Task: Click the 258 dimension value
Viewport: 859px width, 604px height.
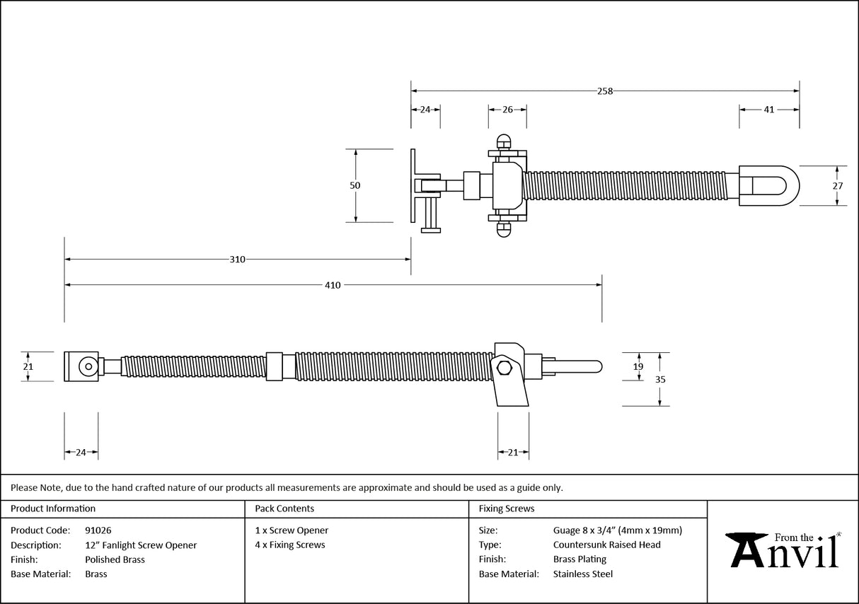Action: coord(604,91)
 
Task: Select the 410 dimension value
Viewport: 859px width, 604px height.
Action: coord(333,285)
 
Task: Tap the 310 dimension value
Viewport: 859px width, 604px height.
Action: coord(237,260)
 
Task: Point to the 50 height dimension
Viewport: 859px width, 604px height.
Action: coord(355,185)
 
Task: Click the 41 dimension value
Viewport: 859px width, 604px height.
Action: coord(769,110)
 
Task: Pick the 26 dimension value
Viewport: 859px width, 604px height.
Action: coord(507,110)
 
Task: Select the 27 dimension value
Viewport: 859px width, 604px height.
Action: coord(837,185)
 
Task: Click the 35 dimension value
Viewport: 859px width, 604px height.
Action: coord(659,379)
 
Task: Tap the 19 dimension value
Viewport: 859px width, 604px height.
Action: coord(638,366)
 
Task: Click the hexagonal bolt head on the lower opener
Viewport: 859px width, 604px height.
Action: coord(505,368)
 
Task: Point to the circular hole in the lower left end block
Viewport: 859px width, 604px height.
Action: coord(87,366)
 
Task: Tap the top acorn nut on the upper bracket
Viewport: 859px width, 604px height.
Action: coord(504,139)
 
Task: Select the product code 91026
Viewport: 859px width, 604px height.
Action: coord(98,530)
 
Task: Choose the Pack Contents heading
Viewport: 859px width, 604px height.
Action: coord(284,509)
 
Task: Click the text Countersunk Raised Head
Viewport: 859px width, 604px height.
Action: coord(606,545)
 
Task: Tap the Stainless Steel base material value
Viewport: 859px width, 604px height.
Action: coord(582,574)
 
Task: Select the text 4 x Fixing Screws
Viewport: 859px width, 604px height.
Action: coord(290,545)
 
